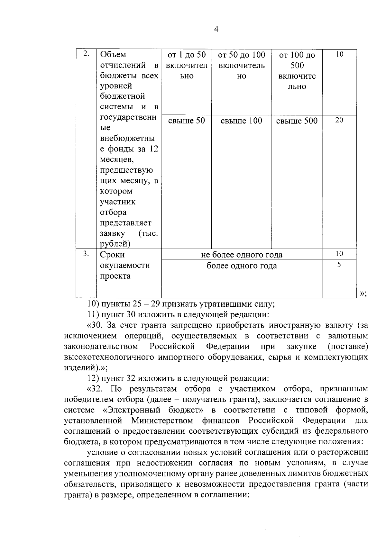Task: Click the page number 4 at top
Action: pyautogui.click(x=216, y=30)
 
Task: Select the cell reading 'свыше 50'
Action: pyautogui.click(x=187, y=121)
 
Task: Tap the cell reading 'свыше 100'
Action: pyautogui.click(x=241, y=121)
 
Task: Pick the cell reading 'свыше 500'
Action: pyautogui.click(x=297, y=121)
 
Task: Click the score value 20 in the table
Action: pyautogui.click(x=339, y=120)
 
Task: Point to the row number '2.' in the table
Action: pyautogui.click(x=86, y=54)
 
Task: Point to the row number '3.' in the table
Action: pyautogui.click(x=86, y=254)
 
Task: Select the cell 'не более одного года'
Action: pyautogui.click(x=242, y=255)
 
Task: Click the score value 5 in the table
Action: pyautogui.click(x=339, y=265)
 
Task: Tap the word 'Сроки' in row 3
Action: pyautogui.click(x=112, y=255)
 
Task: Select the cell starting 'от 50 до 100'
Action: pyautogui.click(x=241, y=65)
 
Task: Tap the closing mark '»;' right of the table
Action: pyautogui.click(x=363, y=293)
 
